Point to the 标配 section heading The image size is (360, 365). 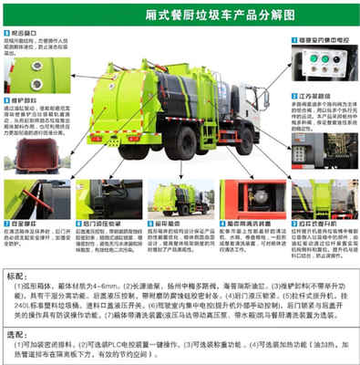click(15, 274)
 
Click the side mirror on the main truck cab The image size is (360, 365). click(266, 97)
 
